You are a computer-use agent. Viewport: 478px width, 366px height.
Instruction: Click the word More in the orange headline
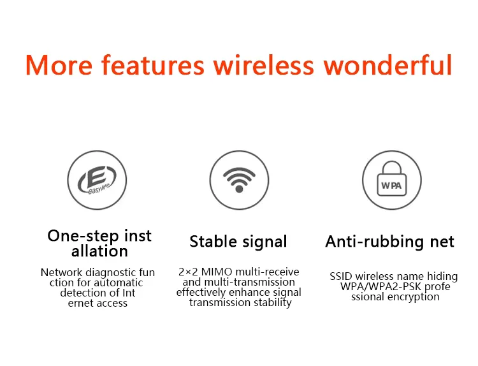pyautogui.click(x=59, y=65)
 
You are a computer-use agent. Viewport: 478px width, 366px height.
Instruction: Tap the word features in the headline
pyautogui.click(x=153, y=64)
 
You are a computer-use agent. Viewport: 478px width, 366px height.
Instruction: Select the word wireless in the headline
pyautogui.click(x=263, y=64)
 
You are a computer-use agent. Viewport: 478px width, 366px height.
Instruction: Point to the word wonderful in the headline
pyautogui.click(x=387, y=64)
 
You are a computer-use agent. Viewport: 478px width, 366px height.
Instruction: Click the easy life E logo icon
pyautogui.click(x=97, y=180)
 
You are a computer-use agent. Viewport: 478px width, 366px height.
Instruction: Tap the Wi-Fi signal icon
pyautogui.click(x=239, y=180)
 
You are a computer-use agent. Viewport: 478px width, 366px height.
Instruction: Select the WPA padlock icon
pyautogui.click(x=392, y=180)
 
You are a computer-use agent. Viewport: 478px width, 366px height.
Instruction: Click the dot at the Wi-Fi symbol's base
pyautogui.click(x=239, y=189)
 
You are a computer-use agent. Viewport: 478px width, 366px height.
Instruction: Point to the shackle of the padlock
pyautogui.click(x=392, y=167)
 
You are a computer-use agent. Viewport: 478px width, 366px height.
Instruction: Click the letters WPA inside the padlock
pyautogui.click(x=391, y=186)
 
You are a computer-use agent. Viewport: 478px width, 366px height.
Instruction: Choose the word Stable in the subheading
pyautogui.click(x=213, y=242)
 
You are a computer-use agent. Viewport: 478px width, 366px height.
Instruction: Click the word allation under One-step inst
pyautogui.click(x=99, y=251)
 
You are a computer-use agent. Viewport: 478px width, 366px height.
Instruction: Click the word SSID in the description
pyautogui.click(x=341, y=276)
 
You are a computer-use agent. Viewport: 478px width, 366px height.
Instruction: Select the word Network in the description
pyautogui.click(x=61, y=272)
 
